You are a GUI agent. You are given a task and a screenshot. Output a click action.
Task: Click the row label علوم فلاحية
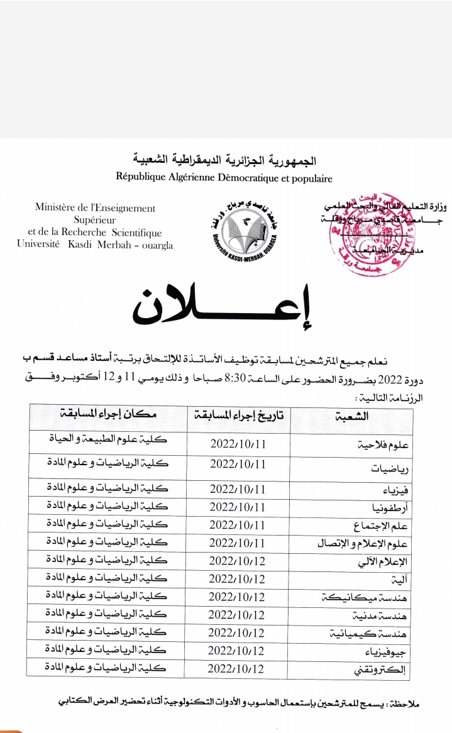click(382, 444)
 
